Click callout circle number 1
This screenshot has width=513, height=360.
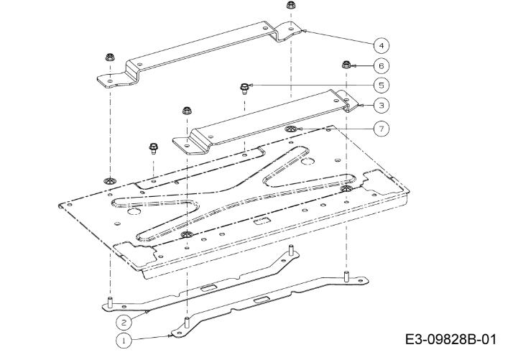124,341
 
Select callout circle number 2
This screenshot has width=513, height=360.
124,323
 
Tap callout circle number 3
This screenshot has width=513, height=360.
382,106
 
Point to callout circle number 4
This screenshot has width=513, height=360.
382,45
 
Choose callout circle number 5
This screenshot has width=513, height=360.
382,86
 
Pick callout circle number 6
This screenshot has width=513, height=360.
382,66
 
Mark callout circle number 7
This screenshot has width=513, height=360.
382,129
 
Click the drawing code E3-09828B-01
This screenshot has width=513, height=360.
450,339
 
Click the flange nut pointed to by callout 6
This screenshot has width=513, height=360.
346,65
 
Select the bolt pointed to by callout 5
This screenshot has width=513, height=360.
244,88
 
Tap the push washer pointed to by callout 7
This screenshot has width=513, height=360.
290,129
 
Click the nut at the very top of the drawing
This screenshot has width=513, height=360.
290,5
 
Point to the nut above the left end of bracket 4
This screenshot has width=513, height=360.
110,57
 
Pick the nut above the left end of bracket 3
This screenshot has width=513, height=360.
187,110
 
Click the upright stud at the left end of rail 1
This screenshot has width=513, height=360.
187,323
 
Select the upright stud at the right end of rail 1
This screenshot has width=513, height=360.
346,275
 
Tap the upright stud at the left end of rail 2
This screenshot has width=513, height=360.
110,302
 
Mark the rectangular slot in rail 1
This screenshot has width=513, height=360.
262,300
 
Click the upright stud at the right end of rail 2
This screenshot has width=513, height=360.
290,249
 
